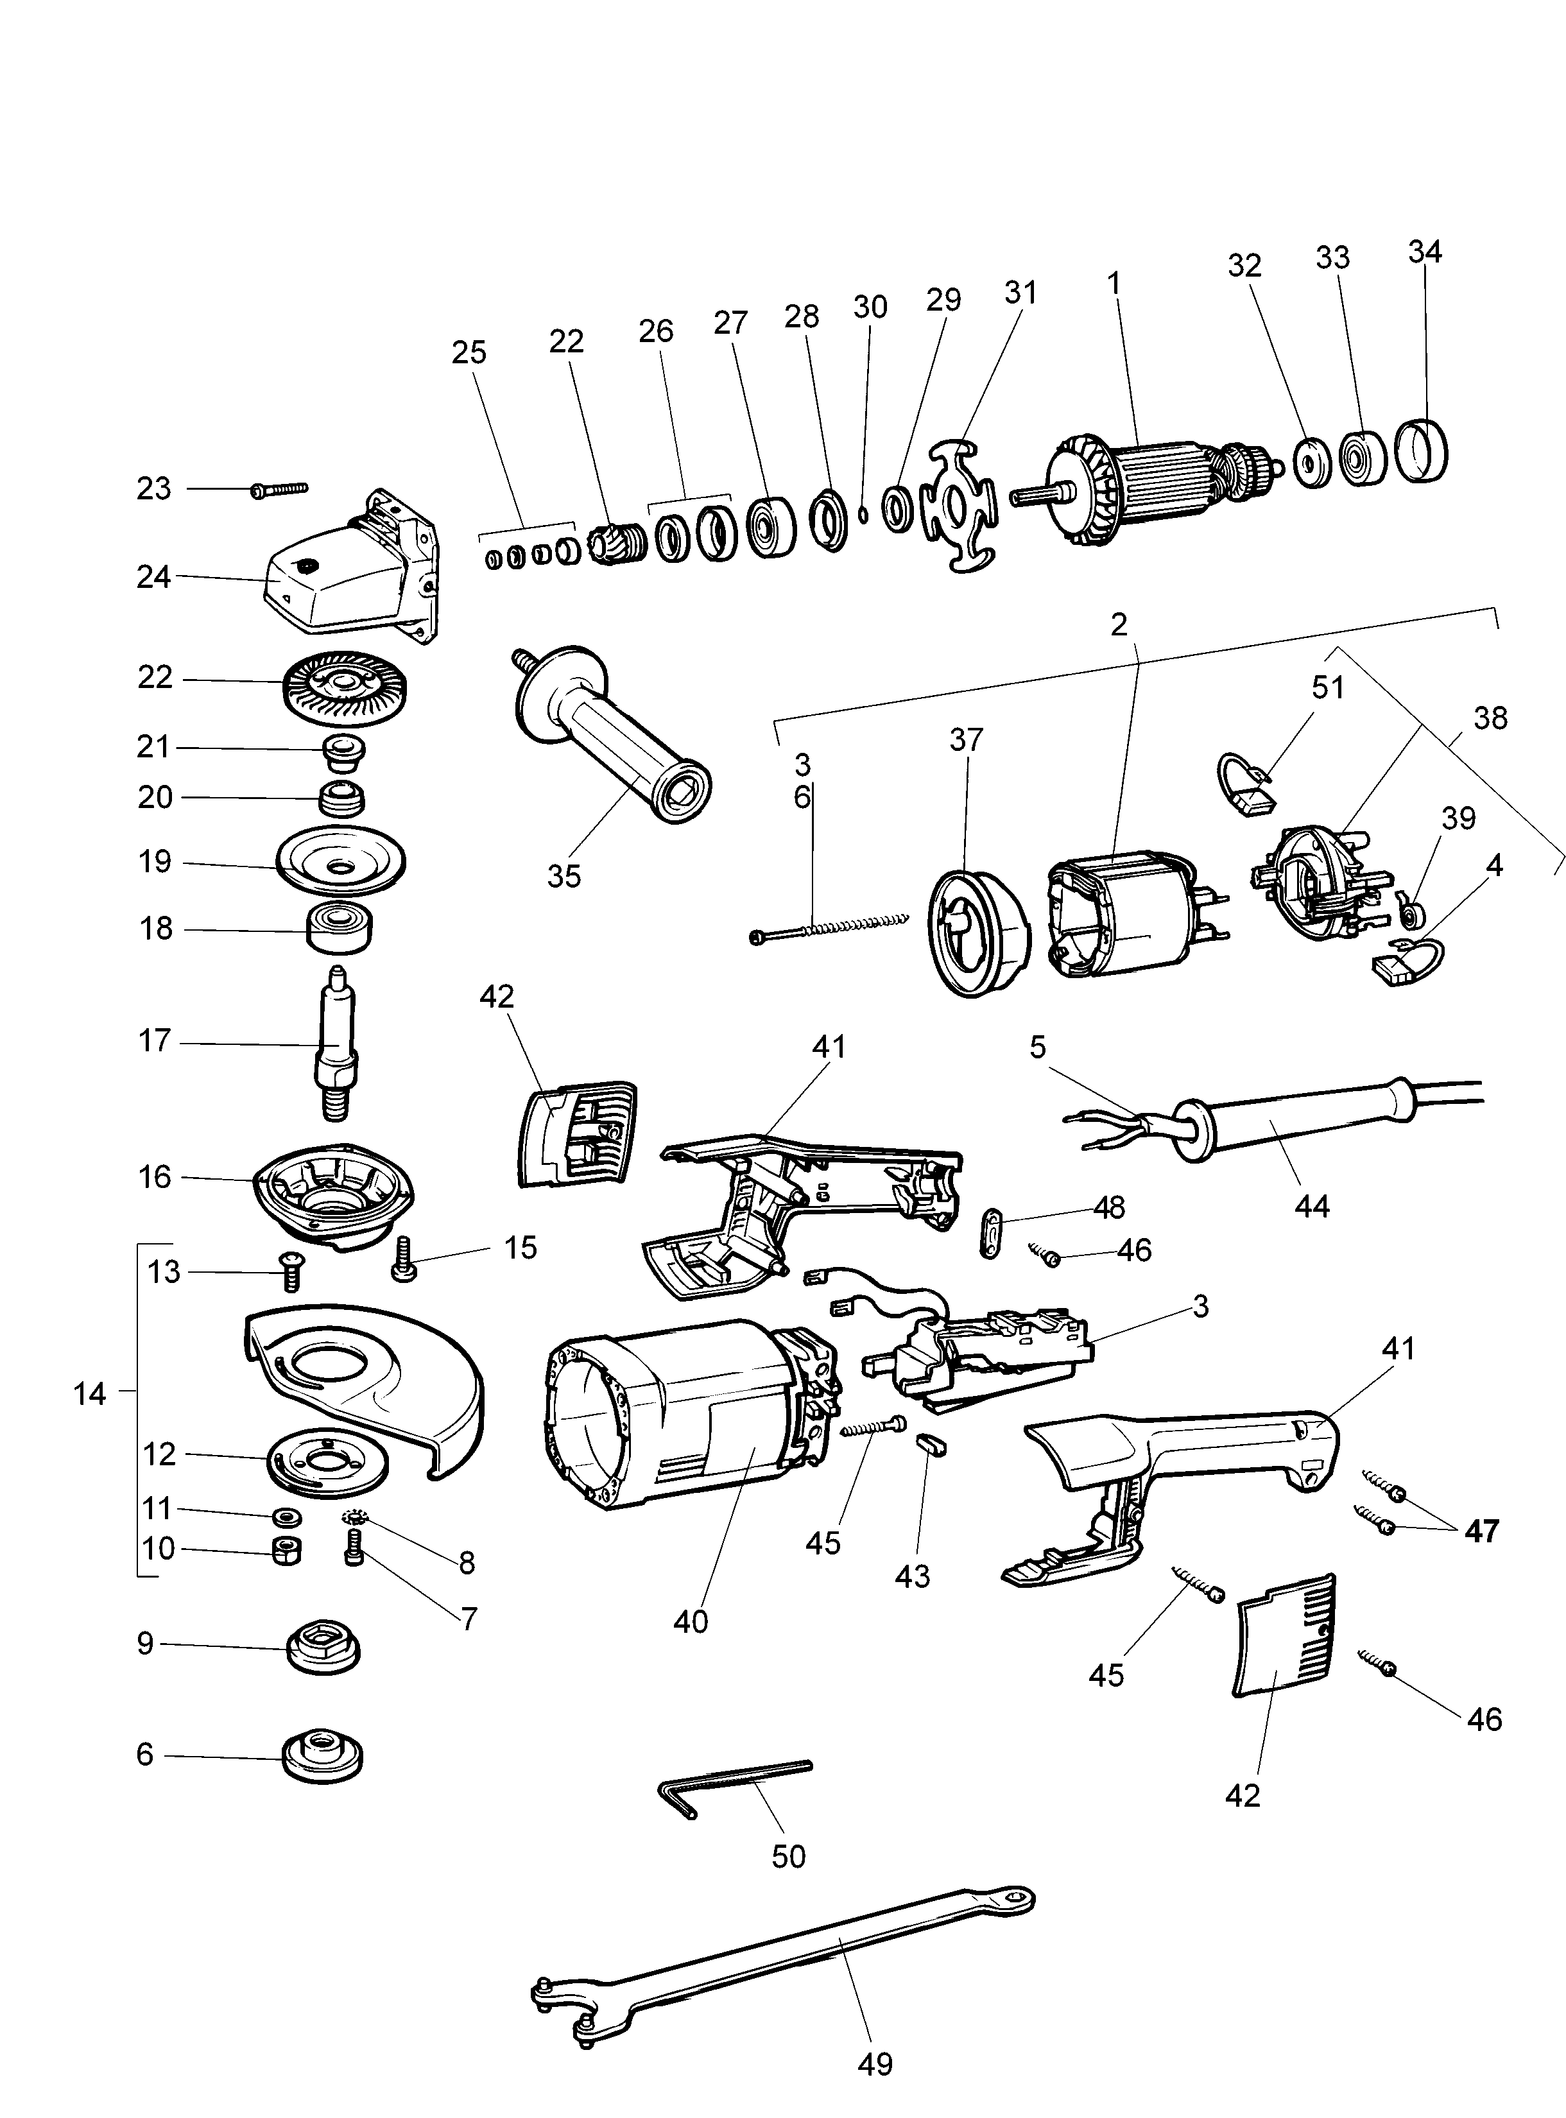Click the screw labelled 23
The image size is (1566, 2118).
(x=280, y=489)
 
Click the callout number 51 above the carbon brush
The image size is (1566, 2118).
(x=1328, y=687)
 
